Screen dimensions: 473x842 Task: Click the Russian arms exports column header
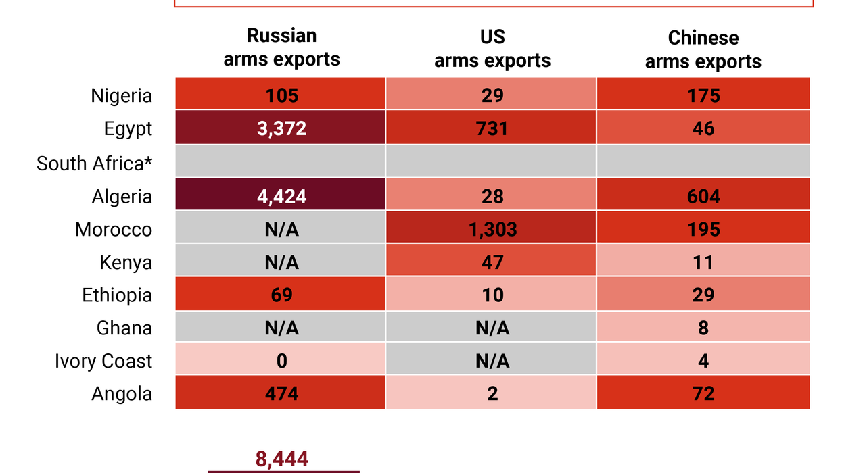tap(281, 48)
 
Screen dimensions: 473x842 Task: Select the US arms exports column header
tap(492, 49)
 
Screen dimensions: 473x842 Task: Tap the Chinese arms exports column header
tap(703, 49)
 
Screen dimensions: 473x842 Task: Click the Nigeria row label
tap(122, 96)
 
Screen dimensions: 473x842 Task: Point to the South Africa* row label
tap(95, 164)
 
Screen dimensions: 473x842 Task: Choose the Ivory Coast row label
tap(103, 361)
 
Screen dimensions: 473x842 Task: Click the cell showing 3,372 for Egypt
tap(281, 128)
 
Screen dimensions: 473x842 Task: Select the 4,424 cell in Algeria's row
tap(281, 197)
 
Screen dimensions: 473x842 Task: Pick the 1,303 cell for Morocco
tap(492, 230)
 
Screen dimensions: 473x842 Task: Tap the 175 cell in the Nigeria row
tap(703, 95)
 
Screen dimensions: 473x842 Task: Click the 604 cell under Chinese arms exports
tap(703, 197)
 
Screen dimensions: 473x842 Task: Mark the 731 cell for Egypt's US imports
tap(492, 128)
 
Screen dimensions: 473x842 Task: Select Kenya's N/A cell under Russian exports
tap(281, 262)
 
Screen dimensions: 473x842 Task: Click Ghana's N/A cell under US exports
tap(492, 328)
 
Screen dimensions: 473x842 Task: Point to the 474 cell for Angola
tap(281, 394)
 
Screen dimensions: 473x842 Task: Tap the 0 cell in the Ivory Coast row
tap(281, 361)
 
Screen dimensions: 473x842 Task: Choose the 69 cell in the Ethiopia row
tap(281, 295)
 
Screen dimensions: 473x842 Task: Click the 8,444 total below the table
tap(282, 459)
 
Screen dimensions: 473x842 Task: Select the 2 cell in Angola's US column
tap(492, 394)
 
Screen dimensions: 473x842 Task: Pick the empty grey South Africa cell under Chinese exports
tap(703, 162)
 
